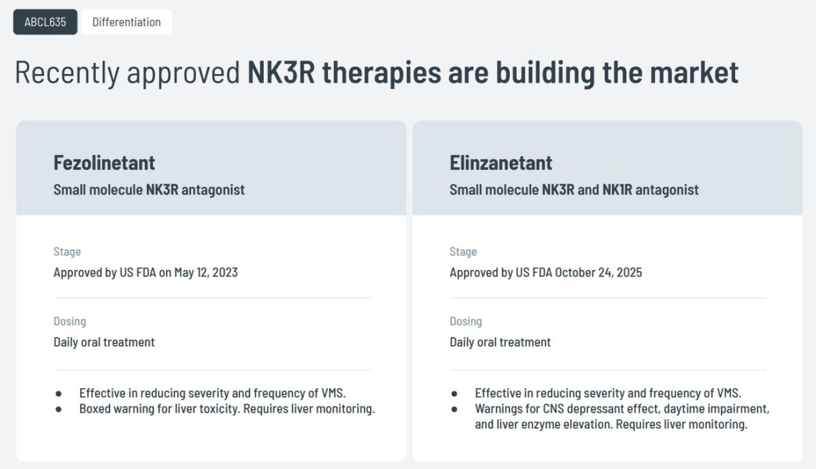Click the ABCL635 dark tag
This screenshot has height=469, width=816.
click(45, 22)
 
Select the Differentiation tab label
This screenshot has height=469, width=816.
click(126, 22)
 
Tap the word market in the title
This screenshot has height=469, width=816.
click(694, 72)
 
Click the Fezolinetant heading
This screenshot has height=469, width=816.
click(104, 162)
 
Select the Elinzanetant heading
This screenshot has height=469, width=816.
click(501, 162)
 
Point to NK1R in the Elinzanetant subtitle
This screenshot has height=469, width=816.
click(617, 190)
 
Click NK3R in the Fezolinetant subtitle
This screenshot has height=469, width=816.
click(162, 190)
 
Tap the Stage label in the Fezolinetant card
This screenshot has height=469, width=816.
click(67, 251)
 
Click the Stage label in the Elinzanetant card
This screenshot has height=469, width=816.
click(463, 251)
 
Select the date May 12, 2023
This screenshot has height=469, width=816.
click(206, 273)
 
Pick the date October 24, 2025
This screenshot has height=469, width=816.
click(598, 273)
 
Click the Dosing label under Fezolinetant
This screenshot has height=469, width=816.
click(69, 321)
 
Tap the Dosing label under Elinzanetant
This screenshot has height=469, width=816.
click(466, 321)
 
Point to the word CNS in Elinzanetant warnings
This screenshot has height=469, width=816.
click(554, 409)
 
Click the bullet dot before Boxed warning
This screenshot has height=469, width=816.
click(58, 409)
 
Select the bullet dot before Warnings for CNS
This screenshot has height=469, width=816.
click(454, 409)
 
